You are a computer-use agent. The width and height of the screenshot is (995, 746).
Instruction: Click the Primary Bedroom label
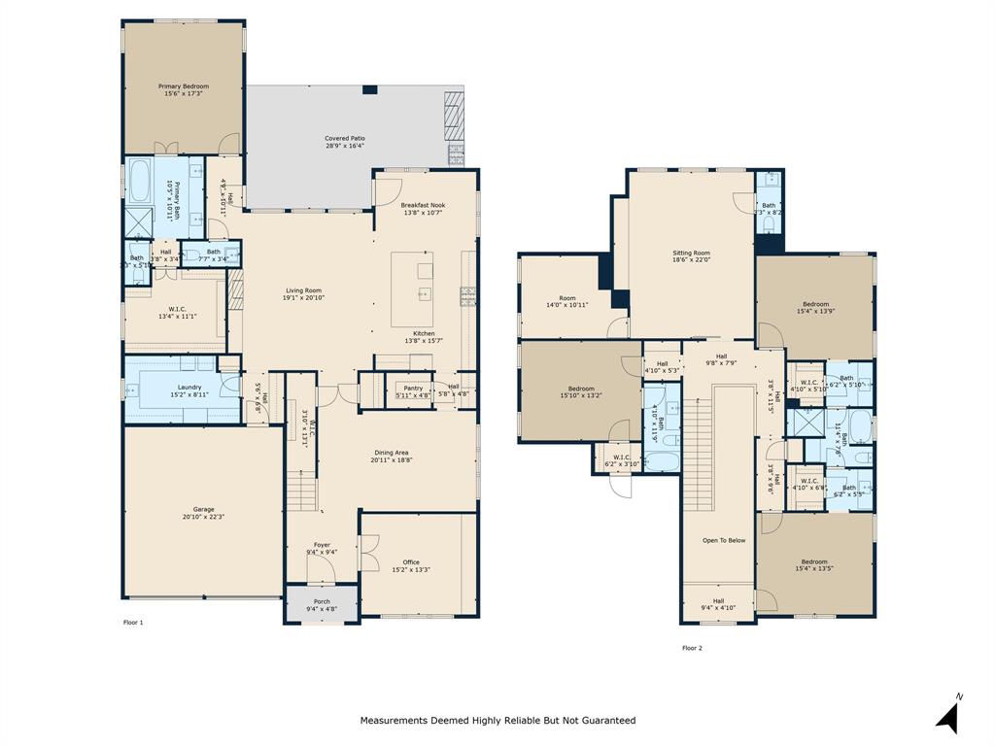pyautogui.click(x=184, y=86)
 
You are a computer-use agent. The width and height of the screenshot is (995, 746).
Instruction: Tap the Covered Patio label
pyautogui.click(x=344, y=139)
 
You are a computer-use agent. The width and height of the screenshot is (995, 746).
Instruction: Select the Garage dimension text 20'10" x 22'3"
pyautogui.click(x=203, y=518)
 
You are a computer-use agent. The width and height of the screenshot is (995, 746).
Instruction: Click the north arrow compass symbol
pyautogui.click(x=948, y=715)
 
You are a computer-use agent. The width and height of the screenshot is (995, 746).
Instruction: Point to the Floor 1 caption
pyautogui.click(x=133, y=622)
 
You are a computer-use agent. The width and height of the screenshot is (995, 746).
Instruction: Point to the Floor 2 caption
pyautogui.click(x=692, y=648)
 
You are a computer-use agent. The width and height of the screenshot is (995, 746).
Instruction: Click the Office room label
pyautogui.click(x=411, y=562)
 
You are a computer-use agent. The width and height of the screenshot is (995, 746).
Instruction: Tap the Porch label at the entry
pyautogui.click(x=322, y=601)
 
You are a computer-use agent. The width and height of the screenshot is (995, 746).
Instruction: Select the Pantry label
pyautogui.click(x=413, y=388)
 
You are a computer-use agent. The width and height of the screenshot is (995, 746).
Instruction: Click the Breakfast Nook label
pyautogui.click(x=423, y=205)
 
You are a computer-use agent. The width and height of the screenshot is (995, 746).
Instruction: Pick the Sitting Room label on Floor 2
pyautogui.click(x=691, y=253)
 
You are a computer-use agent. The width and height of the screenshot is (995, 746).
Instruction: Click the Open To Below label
pyautogui.click(x=724, y=540)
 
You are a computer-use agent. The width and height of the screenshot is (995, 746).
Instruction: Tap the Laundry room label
pyautogui.click(x=189, y=388)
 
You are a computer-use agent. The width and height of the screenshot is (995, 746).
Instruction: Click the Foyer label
pyautogui.click(x=322, y=545)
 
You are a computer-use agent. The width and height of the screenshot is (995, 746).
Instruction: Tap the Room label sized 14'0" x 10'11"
pyautogui.click(x=567, y=298)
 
